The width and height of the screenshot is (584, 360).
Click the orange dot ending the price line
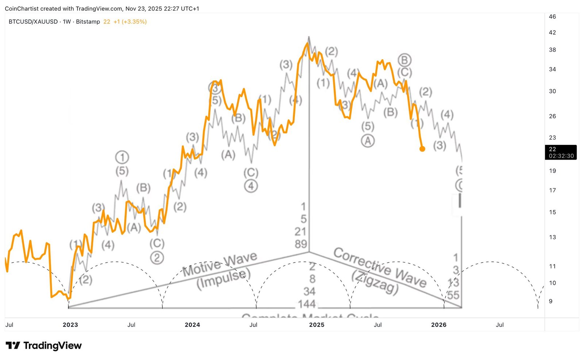[422, 149]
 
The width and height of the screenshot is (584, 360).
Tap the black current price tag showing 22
[561, 152]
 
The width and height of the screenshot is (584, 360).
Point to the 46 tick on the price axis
[552, 16]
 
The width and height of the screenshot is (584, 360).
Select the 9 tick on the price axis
[550, 301]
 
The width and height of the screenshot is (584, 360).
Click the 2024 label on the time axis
[192, 325]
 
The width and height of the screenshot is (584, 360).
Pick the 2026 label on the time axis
[439, 325]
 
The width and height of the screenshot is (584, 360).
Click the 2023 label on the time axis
[70, 325]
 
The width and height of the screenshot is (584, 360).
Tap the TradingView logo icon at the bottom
[13, 345]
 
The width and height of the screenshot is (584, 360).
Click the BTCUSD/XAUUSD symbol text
[33, 22]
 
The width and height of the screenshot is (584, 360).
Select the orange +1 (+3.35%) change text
[130, 22]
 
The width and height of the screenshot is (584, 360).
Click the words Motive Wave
[220, 265]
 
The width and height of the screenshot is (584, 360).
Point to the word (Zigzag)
[375, 282]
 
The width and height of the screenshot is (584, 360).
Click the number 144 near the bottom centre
[307, 304]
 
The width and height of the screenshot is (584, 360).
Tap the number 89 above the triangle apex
[301, 244]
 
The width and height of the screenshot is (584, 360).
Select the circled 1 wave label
[122, 157]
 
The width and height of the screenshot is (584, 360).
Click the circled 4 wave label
[251, 186]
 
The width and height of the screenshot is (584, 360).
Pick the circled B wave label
[404, 60]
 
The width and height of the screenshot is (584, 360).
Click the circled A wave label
[368, 141]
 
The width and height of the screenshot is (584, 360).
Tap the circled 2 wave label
[157, 258]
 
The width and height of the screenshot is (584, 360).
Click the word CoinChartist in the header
[22, 8]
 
